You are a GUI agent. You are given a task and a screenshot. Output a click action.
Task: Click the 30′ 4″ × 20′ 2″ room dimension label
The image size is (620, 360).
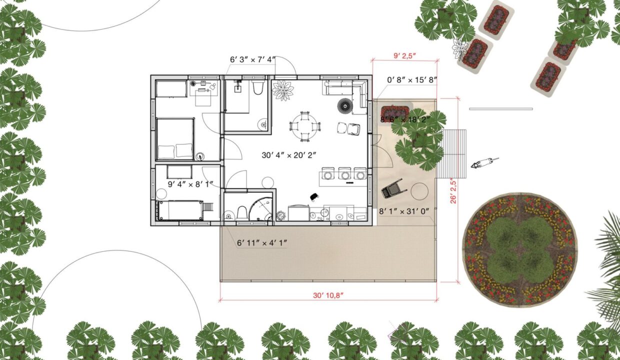pos(288,155)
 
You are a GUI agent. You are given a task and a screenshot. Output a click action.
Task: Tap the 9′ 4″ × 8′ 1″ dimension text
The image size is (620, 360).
pos(190,184)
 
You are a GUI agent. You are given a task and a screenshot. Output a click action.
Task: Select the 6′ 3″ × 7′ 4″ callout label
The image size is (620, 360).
pos(252,59)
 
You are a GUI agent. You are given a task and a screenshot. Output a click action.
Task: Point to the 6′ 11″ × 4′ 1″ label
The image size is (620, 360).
pos(262,243)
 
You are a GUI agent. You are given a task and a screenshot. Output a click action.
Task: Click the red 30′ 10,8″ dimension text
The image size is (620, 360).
pos(328,295)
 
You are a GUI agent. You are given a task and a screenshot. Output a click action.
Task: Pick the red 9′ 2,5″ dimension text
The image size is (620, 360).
pos(404,56)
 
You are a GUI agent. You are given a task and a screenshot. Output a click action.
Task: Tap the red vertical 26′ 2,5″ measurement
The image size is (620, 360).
pos(453,191)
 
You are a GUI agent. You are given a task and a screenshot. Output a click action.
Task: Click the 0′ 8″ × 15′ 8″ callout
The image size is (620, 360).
pos(412,80)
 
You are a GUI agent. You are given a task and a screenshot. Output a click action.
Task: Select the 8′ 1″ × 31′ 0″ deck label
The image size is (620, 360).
pos(404,211)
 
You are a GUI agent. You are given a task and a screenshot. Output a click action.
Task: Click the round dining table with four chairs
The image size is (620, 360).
pos(304,126)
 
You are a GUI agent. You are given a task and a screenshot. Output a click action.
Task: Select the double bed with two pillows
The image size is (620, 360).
pos(175,139)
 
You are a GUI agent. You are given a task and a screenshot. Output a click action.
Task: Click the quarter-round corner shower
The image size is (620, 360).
pos(261,209)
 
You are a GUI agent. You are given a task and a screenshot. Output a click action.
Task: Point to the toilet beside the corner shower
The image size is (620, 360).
pos(242,213)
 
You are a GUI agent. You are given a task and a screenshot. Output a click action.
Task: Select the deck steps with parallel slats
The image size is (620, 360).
pos(451,154)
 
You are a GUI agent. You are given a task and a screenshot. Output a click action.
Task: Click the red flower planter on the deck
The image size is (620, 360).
pos(395,112)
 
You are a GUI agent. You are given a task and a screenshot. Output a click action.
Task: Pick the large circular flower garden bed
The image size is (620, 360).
pos(520,250)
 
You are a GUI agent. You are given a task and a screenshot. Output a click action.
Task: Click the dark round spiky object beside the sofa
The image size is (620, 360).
pos(344,105)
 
